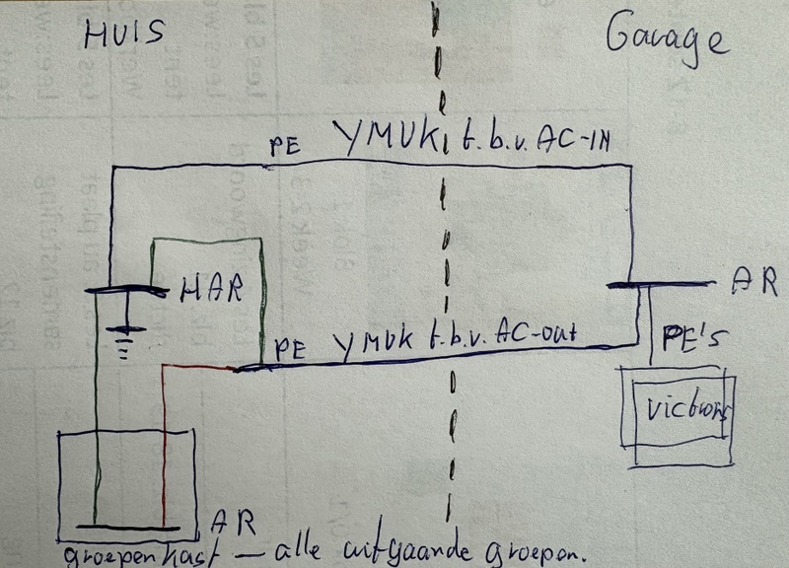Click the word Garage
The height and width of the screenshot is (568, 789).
click(x=666, y=39)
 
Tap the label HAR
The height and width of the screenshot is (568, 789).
click(x=209, y=289)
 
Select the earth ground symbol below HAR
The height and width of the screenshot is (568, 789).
click(x=124, y=338)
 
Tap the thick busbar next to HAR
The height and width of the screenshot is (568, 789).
click(x=126, y=290)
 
